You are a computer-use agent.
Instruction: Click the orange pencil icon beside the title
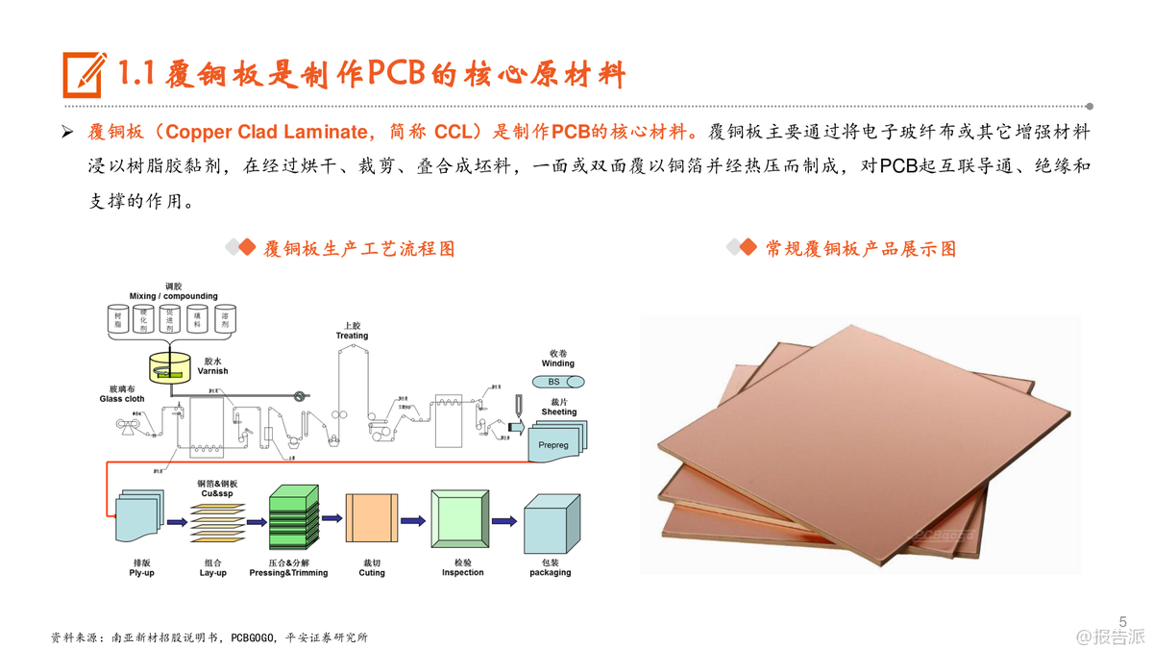pos(85,72)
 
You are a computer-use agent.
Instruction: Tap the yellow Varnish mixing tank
pos(171,366)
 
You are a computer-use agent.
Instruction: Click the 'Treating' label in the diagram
pos(352,336)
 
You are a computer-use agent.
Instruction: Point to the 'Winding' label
pos(558,363)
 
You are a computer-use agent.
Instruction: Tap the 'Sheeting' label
pos(558,412)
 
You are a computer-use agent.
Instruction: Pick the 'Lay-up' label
pos(213,572)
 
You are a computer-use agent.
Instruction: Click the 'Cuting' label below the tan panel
pos(372,573)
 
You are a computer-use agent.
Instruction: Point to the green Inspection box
pos(462,520)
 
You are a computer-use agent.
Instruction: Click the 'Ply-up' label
pos(141,572)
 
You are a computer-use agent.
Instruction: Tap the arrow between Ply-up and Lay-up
pos(176,522)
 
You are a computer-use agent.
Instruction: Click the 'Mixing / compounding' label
pos(174,296)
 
